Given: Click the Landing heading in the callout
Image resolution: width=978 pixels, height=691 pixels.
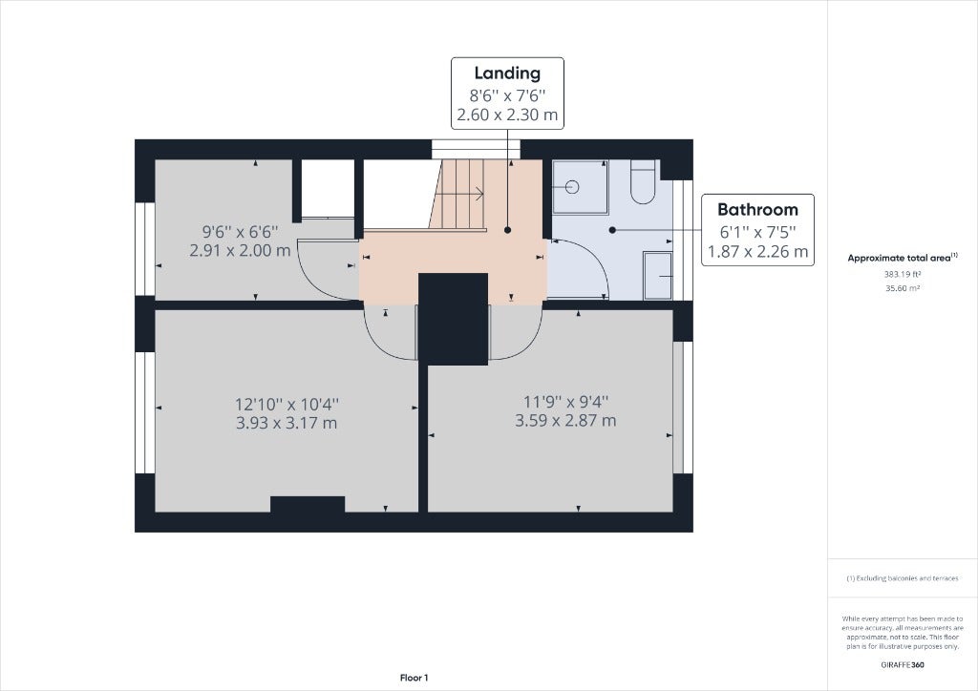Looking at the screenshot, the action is pyautogui.click(x=507, y=73).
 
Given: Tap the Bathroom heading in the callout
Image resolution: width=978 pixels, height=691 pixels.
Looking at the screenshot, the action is pyautogui.click(x=757, y=209).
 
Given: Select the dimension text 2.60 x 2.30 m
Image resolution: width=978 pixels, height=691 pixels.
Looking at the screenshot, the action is pyautogui.click(x=507, y=115).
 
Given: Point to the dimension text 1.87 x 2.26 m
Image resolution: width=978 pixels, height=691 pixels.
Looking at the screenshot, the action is pyautogui.click(x=757, y=252).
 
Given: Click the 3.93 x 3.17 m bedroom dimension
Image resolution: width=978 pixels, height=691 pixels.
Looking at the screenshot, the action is pyautogui.click(x=287, y=423).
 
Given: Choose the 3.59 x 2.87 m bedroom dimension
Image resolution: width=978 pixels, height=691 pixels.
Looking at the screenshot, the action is pyautogui.click(x=565, y=421).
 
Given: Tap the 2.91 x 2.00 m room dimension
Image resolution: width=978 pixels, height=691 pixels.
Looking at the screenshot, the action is pyautogui.click(x=240, y=251).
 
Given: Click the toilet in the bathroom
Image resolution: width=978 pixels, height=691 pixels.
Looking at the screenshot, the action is pyautogui.click(x=643, y=181).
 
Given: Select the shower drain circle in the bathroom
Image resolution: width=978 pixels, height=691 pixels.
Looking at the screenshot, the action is pyautogui.click(x=572, y=187).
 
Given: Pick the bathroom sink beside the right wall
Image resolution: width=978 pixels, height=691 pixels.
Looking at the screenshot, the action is pyautogui.click(x=658, y=276).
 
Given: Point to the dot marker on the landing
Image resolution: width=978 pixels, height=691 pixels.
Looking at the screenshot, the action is pyautogui.click(x=508, y=230).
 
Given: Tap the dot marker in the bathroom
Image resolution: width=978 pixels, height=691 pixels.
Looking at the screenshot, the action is pyautogui.click(x=612, y=230).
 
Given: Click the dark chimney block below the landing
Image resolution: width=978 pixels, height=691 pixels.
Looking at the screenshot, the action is pyautogui.click(x=453, y=319).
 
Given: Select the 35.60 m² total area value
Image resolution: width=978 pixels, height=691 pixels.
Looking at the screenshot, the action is pyautogui.click(x=903, y=288).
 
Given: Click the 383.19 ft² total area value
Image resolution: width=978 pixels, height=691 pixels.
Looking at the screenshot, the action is pyautogui.click(x=903, y=274).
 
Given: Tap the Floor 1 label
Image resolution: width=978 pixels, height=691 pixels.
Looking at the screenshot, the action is pyautogui.click(x=415, y=678).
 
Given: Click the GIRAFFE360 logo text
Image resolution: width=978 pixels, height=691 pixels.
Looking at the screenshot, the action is pyautogui.click(x=903, y=665).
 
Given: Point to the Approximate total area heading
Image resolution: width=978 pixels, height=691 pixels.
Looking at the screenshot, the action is pyautogui.click(x=903, y=258).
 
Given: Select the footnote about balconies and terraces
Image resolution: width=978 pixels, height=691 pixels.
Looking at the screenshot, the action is pyautogui.click(x=903, y=578).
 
